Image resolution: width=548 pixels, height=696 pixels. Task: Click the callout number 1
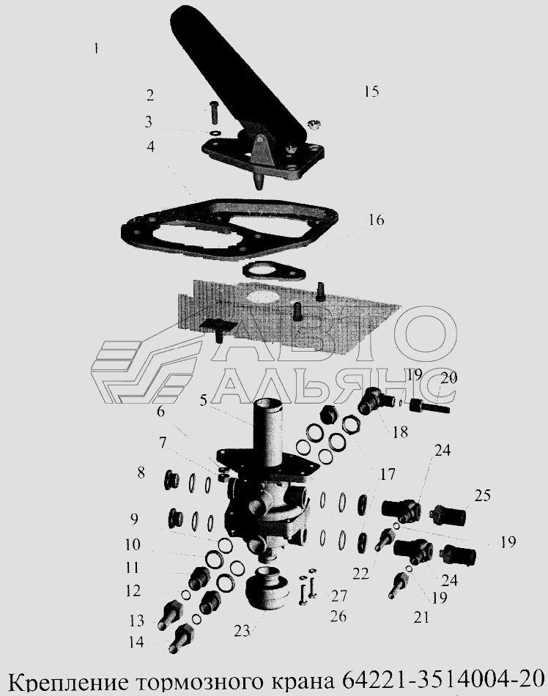tap(96, 48)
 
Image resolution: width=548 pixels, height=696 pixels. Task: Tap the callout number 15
tap(371, 91)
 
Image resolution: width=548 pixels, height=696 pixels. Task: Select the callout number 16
tap(376, 220)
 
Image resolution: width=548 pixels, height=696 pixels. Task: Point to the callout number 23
tap(242, 630)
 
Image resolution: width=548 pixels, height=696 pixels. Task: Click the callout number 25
tap(482, 495)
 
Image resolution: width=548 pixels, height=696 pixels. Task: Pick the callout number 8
tap(141, 473)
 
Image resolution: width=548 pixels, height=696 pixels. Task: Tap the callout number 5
tap(203, 400)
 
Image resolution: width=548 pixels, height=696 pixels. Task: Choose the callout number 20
tap(448, 378)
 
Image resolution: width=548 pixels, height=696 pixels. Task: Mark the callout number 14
tap(137, 642)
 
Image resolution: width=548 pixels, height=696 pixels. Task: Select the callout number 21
tap(421, 617)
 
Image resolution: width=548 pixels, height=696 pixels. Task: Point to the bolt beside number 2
tap(212, 113)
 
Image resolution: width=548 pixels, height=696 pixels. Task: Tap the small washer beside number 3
tap(215, 133)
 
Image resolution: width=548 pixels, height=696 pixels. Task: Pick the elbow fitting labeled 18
tap(376, 400)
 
